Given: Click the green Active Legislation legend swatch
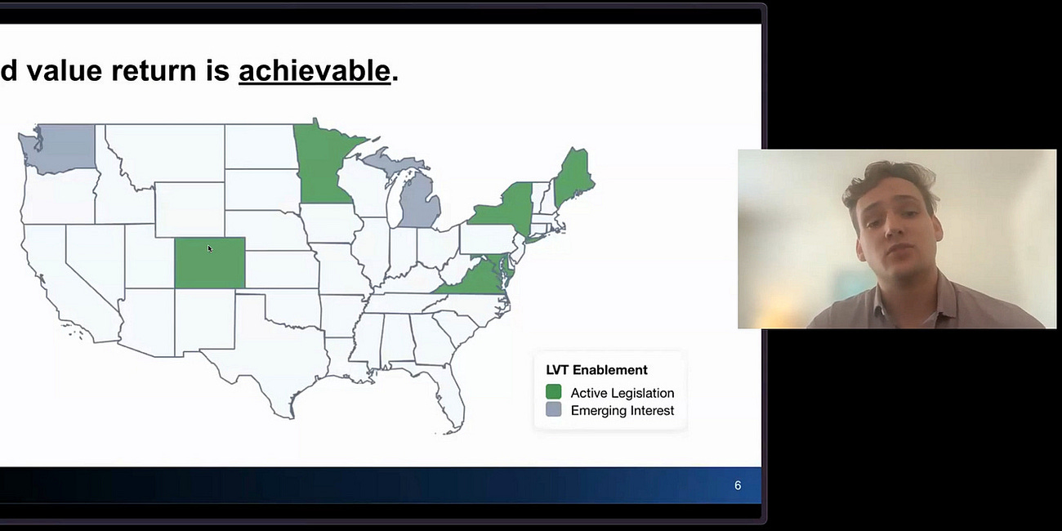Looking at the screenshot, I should pos(554,392).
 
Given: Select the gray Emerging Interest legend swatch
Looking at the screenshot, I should pos(554,410).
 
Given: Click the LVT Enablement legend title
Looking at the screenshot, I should pos(596,370).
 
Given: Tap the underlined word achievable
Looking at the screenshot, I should pos(314,71).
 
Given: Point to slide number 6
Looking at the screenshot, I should pos(737,485).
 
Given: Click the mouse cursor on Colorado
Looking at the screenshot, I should pos(209,248).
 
